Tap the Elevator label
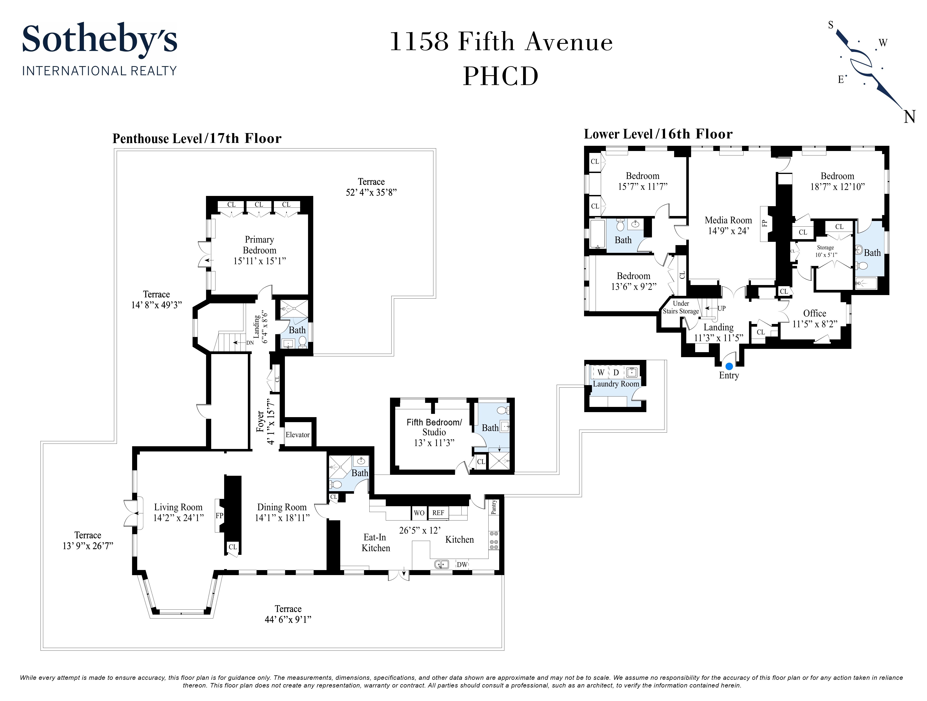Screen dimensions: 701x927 [298, 434]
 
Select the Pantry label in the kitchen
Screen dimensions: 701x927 [494, 507]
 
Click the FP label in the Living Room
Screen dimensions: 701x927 [219, 516]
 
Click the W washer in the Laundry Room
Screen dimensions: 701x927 [601, 373]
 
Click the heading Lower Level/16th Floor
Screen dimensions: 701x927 [658, 134]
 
